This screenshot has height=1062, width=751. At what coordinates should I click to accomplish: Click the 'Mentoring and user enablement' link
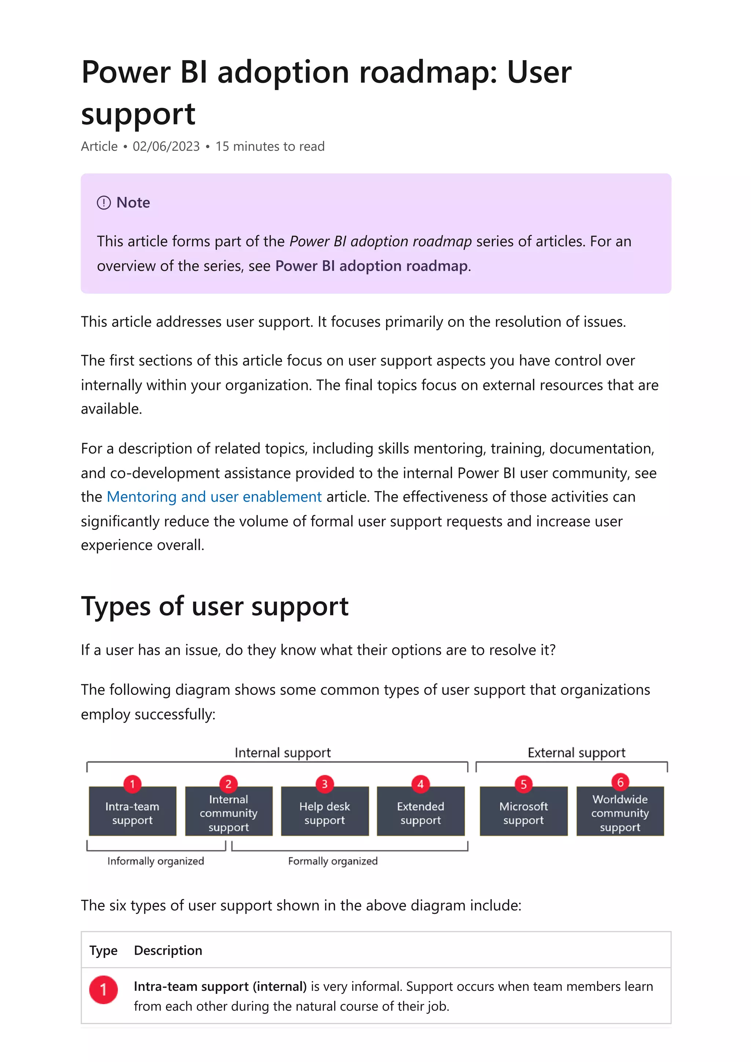214,497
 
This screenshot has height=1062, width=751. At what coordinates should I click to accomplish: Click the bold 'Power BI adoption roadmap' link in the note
371,266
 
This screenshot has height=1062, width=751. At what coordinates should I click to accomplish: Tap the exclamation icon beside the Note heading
104,203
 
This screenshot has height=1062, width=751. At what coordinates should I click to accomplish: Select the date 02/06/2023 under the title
166,147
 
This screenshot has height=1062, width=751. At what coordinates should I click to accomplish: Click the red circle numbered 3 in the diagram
325,784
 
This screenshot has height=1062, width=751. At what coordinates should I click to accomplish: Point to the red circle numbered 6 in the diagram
620,782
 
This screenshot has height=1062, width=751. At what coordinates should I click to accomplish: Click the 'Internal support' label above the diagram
283,753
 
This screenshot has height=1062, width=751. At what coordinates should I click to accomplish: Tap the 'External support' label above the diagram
576,753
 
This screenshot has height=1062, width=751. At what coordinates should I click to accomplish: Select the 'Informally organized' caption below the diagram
155,861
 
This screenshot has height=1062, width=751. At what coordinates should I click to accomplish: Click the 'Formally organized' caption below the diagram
333,861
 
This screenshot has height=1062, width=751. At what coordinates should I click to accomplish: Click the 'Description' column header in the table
168,950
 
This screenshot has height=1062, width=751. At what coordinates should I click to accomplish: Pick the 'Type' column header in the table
103,950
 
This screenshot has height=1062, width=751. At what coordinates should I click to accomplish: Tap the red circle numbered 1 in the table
103,989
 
